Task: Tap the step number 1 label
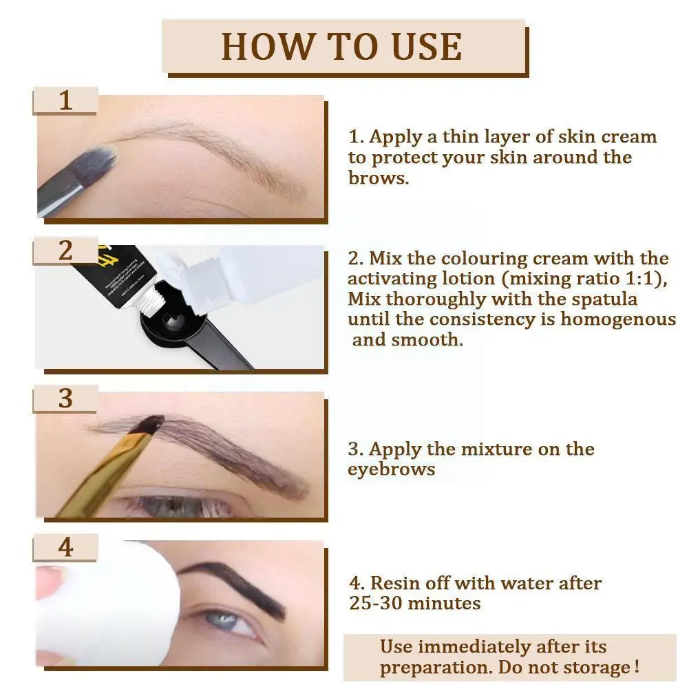point(65,100)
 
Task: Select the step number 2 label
point(65,251)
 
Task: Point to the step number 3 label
point(65,399)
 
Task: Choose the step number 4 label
point(65,548)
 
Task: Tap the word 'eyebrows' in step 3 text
point(391,469)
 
